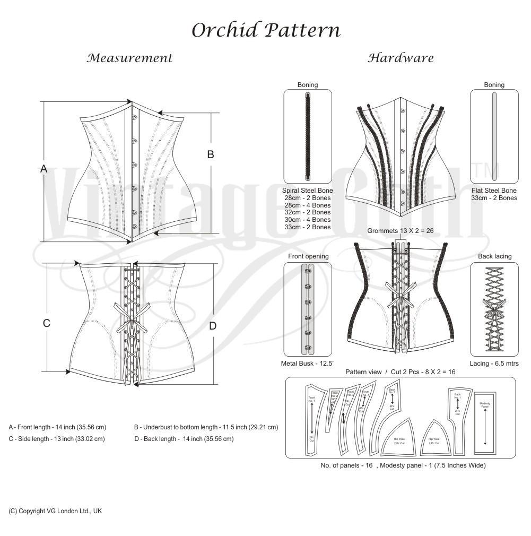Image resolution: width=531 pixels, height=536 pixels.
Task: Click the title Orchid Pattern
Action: click(x=265, y=30)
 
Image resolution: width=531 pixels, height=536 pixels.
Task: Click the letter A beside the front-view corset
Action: click(x=44, y=169)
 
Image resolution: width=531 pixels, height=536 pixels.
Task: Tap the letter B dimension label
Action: click(x=211, y=154)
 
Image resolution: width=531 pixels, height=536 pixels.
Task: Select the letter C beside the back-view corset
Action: click(x=47, y=323)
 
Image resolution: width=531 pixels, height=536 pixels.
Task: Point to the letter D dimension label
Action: click(x=213, y=326)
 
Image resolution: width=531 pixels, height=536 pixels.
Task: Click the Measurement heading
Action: click(x=130, y=58)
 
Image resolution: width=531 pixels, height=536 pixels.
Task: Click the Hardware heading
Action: click(x=401, y=58)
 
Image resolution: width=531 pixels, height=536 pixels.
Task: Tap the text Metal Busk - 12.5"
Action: click(x=307, y=364)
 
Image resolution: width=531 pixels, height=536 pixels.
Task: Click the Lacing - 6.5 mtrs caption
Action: click(x=494, y=364)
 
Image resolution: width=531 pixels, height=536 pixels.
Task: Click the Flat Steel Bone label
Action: click(x=494, y=190)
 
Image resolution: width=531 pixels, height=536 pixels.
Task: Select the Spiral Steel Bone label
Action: click(x=308, y=190)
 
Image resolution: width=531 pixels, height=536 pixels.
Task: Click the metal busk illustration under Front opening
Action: click(x=308, y=308)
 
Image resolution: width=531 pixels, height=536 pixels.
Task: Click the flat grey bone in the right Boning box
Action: click(x=494, y=137)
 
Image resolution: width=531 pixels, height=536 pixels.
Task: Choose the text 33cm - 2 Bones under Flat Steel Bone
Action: click(x=494, y=198)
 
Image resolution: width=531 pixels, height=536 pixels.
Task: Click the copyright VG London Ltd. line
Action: click(x=55, y=511)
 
